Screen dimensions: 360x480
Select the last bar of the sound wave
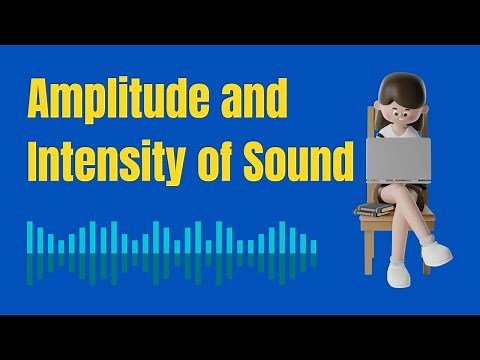[314, 245]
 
